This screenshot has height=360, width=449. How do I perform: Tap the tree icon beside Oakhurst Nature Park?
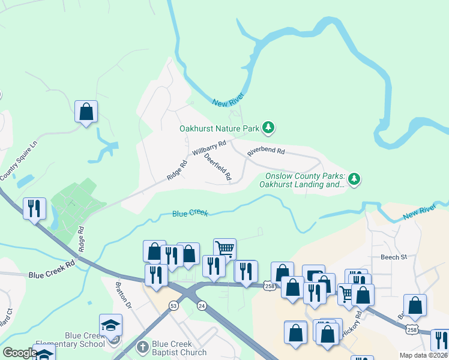[x=269, y=127]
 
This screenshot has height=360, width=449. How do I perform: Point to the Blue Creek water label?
[x=190, y=213]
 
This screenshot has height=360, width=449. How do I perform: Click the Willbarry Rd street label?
[x=209, y=148]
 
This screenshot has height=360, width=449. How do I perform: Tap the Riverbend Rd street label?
[x=265, y=152]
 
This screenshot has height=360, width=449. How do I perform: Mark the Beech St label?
[x=393, y=257]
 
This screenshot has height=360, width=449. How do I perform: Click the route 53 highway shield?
[x=173, y=306]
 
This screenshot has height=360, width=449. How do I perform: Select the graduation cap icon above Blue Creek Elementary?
[x=110, y=325]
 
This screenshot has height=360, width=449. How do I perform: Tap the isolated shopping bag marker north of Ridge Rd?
[x=86, y=112]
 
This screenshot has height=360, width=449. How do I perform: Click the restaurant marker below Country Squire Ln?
[x=34, y=208]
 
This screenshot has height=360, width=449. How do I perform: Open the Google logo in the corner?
[x=20, y=353]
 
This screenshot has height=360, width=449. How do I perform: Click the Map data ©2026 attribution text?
[x=423, y=355]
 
